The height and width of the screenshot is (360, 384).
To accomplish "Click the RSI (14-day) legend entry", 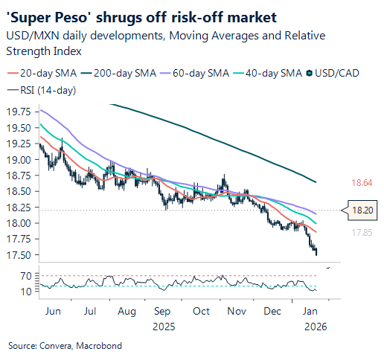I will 42,90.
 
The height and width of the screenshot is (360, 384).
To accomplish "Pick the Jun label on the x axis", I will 54,312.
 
